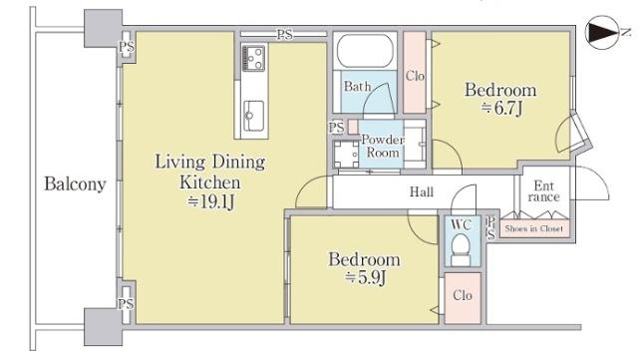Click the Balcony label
[x=75, y=184]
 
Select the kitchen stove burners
[x=253, y=58]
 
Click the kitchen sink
[x=254, y=117]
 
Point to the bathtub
[x=365, y=51]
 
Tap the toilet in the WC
[x=462, y=249]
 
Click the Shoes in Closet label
[x=534, y=228]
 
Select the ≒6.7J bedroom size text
[x=501, y=109]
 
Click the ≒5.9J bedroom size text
[x=365, y=278]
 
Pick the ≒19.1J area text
[x=210, y=201]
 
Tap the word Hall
[x=422, y=191]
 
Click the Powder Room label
[x=383, y=147]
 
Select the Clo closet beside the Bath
[x=415, y=73]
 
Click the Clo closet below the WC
[x=463, y=298]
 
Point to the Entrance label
[x=544, y=191]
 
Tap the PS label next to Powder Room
[x=337, y=128]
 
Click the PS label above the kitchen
[x=285, y=35]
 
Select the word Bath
[x=357, y=87]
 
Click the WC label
[x=461, y=224]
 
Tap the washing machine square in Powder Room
[x=346, y=154]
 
